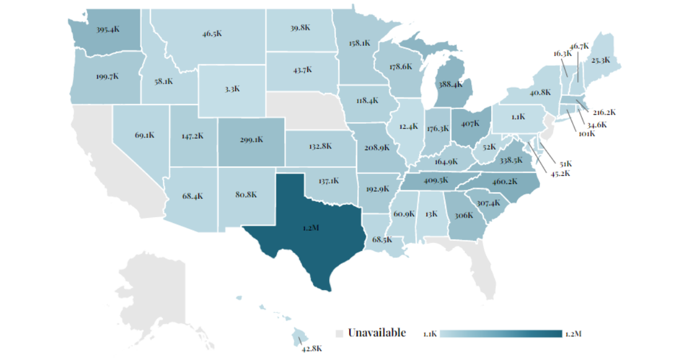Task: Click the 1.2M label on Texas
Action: [x=311, y=228]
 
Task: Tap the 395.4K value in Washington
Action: [x=108, y=29]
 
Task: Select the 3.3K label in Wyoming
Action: [x=232, y=89]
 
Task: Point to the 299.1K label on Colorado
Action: [x=251, y=139]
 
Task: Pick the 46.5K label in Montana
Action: [x=212, y=34]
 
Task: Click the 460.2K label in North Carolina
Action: [x=505, y=182]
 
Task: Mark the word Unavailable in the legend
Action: [x=377, y=332]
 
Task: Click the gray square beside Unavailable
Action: [x=339, y=333]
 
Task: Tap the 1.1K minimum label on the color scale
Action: [x=431, y=334]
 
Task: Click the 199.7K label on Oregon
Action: [x=107, y=76]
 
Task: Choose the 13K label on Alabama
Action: [x=431, y=214]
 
